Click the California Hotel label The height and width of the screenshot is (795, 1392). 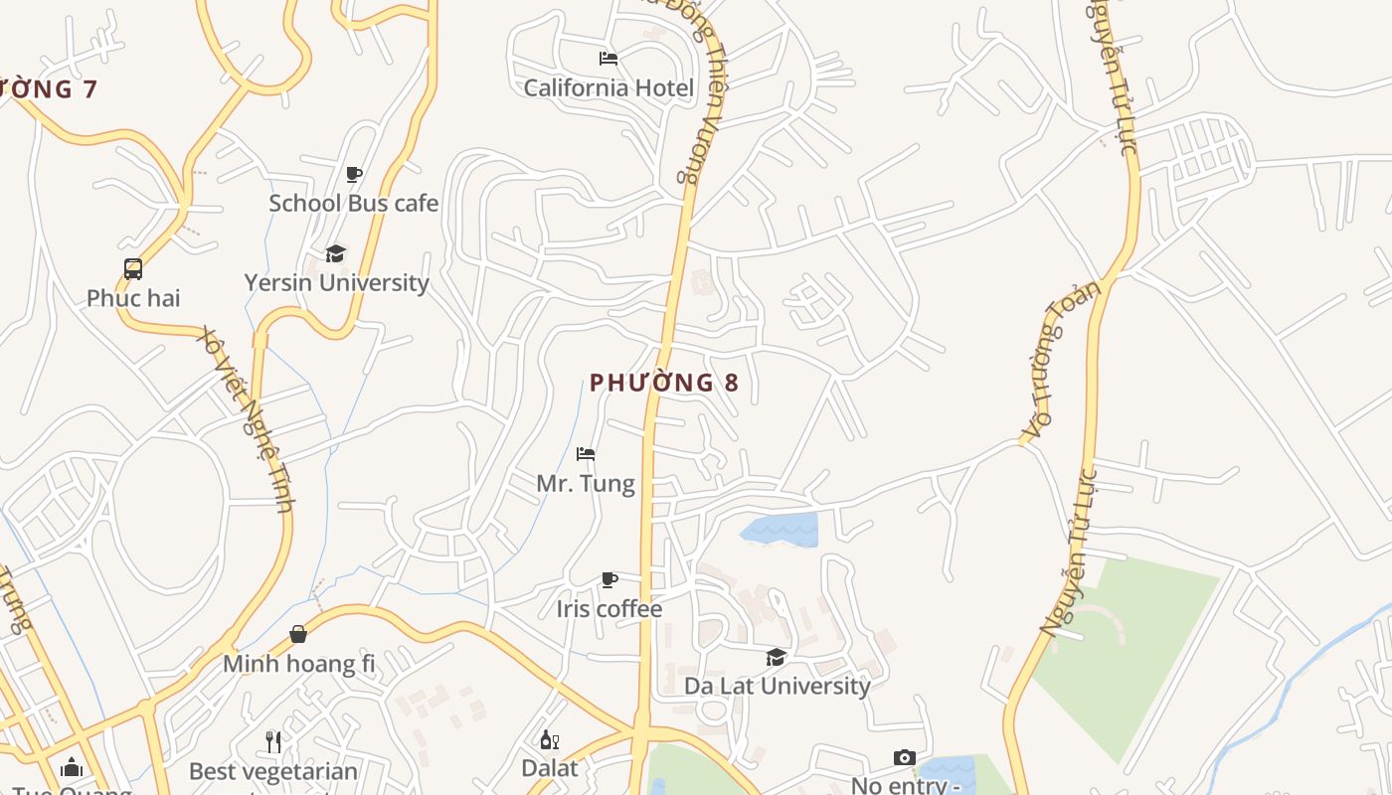point(609,87)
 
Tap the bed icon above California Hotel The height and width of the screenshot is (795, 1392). point(609,59)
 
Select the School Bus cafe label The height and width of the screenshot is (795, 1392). point(353,203)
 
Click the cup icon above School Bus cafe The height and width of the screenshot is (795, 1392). point(353,175)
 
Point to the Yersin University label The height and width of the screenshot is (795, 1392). point(337,282)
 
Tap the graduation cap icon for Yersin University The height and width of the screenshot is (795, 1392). point(336,254)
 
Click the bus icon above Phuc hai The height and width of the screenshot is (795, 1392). point(133,269)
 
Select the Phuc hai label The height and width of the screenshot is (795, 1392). point(133,298)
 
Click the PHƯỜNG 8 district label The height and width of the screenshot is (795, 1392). point(664,383)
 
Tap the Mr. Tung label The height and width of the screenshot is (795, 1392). point(586,484)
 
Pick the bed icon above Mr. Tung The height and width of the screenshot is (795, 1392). point(586,455)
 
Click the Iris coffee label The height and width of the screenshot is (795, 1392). point(609,608)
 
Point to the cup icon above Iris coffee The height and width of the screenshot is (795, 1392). point(609,580)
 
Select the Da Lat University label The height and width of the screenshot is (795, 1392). point(777,686)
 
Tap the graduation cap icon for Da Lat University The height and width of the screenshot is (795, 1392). point(776,657)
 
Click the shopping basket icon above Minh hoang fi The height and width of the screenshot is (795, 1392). point(298,634)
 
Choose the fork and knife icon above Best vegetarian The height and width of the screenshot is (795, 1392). point(273,741)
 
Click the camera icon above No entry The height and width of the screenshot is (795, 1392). point(904,758)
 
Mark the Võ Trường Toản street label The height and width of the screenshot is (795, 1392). point(1062,360)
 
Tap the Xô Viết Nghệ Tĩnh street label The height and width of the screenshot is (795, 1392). point(248,418)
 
